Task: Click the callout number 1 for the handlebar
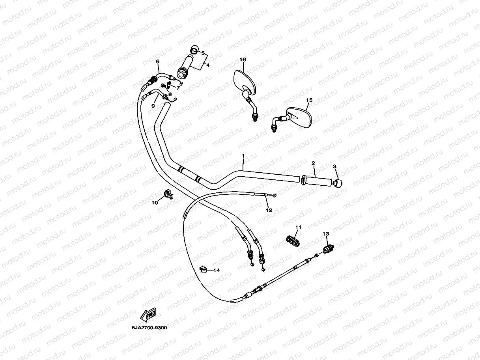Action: point(243,156)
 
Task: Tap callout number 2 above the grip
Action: point(313,163)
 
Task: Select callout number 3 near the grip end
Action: point(334,167)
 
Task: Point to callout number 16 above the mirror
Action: point(243,60)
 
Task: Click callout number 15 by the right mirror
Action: point(309,100)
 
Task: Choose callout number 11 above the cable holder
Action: point(298,227)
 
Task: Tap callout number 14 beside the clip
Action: point(217,270)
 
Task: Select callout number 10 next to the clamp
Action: point(155,203)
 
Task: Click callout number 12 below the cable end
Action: point(269,210)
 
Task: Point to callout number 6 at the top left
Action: point(158,62)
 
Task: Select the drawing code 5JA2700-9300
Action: point(150,327)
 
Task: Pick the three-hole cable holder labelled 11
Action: point(291,241)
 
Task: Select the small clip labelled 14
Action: point(204,269)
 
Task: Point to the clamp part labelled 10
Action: point(167,195)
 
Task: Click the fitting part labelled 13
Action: point(328,248)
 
